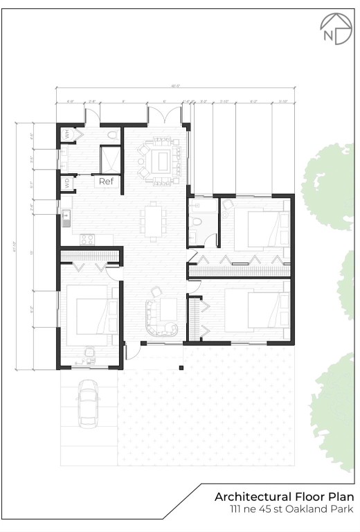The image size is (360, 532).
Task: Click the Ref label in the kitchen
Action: coord(106,181)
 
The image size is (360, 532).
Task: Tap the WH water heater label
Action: coord(68,134)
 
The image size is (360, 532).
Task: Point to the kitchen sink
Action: coord(67,219)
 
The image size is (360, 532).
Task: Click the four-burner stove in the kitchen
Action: coord(87,240)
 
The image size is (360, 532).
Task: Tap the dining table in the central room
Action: coord(153,220)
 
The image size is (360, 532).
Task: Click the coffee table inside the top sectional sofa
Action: coord(159,161)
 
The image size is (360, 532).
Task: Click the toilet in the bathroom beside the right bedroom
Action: coord(197,222)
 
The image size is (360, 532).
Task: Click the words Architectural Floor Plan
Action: coord(284,497)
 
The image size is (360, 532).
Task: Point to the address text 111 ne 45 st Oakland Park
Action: coord(292,509)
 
